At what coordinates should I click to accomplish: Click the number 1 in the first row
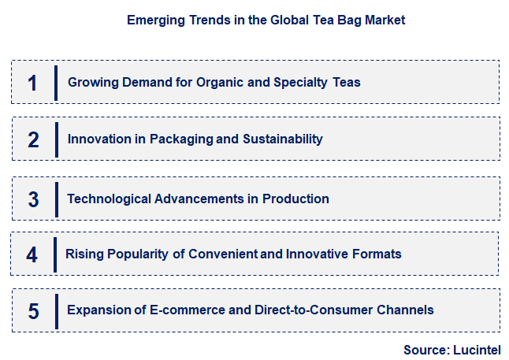32,83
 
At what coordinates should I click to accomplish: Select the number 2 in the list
32,140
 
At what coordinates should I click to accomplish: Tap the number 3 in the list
32,199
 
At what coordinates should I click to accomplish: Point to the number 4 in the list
32,254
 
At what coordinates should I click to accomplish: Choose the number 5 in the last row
32,311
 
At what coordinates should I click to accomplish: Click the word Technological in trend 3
106,199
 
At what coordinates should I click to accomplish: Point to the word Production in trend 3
295,199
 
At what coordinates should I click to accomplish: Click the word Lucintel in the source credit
476,349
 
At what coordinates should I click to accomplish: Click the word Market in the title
385,20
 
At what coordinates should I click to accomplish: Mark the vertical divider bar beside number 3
56,199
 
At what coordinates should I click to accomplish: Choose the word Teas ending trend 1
345,82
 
